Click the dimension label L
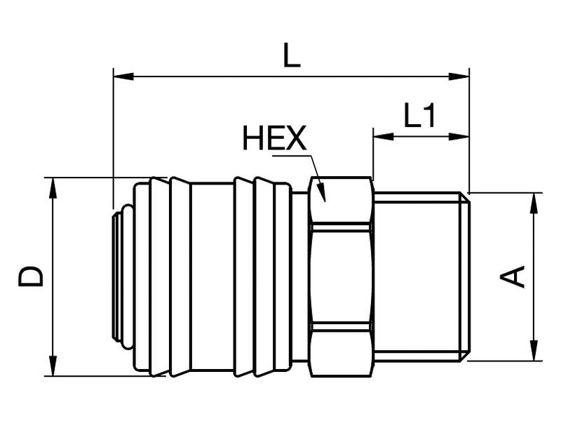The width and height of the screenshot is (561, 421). coord(292,56)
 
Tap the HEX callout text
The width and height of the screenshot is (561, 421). coord(274,140)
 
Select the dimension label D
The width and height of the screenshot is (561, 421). coord(32,276)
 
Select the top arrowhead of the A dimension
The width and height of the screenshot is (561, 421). coord(534,200)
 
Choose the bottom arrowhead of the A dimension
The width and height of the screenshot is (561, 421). coord(534,353)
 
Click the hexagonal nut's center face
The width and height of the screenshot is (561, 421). coord(341,276)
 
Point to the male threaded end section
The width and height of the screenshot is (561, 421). coord(417,276)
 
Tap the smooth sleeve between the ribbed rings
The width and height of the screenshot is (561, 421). coord(212,276)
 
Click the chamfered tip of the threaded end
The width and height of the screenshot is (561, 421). coord(465,276)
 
